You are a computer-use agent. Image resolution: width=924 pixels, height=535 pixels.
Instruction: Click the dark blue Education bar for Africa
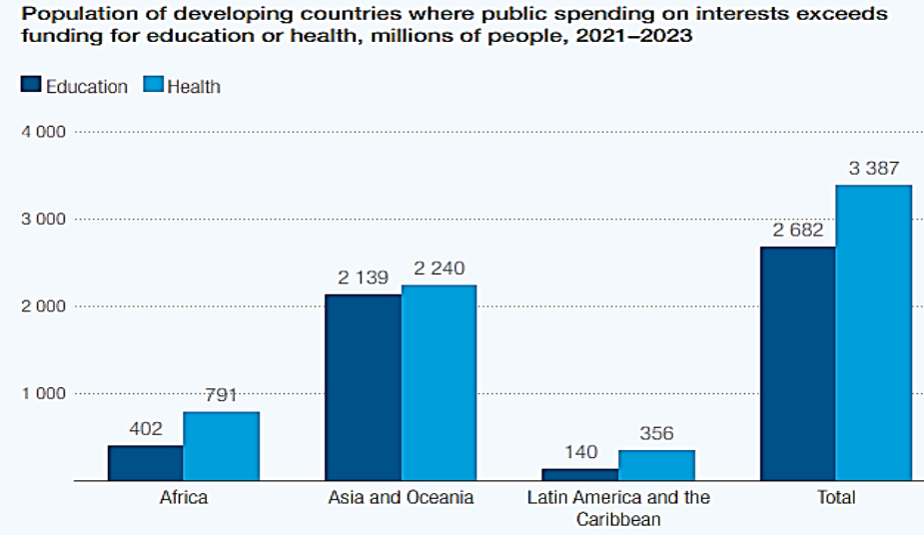[x=146, y=462]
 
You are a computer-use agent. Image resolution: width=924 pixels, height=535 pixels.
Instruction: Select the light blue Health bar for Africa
[x=221, y=445]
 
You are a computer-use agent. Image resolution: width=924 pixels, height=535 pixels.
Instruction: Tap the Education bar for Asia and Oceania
[x=364, y=387]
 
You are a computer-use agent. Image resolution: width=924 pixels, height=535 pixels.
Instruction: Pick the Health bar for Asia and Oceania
[x=439, y=382]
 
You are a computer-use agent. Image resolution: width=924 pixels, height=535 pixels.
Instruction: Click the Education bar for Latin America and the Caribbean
[x=581, y=474]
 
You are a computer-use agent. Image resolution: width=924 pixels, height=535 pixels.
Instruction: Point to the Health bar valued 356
[x=656, y=465]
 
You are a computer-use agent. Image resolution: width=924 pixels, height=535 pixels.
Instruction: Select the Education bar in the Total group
[x=798, y=363]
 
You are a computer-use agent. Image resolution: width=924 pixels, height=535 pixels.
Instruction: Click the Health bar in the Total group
[x=874, y=332]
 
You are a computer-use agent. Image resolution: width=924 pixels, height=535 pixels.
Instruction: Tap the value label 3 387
[x=874, y=169]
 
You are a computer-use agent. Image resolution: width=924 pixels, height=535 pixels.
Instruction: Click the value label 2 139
[x=363, y=277]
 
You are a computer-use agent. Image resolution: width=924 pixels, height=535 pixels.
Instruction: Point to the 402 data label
[x=146, y=428]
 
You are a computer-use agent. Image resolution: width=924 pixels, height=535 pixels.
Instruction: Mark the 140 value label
[x=580, y=452]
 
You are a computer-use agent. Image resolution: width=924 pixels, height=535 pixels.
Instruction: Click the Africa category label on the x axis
[x=183, y=497]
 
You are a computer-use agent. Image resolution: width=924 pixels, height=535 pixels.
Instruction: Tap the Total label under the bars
[x=835, y=497]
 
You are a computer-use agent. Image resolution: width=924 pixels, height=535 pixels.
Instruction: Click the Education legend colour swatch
[x=31, y=86]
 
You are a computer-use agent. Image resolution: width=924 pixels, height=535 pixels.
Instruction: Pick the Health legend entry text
[x=194, y=87]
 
